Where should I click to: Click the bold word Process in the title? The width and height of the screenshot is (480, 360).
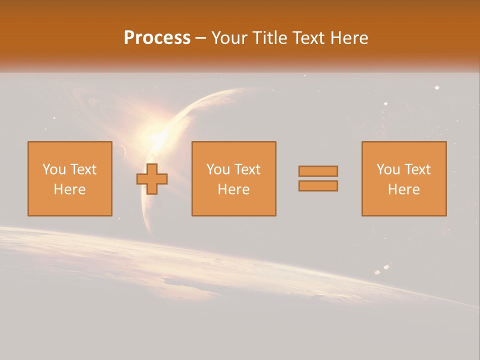157,38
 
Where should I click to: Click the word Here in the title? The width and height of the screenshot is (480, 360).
349,38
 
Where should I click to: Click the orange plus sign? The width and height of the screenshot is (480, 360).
152,179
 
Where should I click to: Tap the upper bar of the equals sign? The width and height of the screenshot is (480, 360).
318,171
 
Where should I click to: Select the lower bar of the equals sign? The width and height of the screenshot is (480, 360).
318,186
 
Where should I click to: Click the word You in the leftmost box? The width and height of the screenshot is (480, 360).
54,169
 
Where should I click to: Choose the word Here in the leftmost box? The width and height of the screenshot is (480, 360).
69,189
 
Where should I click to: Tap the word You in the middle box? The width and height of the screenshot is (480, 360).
218,169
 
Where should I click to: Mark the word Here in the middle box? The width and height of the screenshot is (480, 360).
233,189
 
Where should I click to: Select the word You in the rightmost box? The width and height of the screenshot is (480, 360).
388,169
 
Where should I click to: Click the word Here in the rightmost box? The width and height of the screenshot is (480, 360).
403,189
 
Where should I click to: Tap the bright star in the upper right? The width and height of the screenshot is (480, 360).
437,87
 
